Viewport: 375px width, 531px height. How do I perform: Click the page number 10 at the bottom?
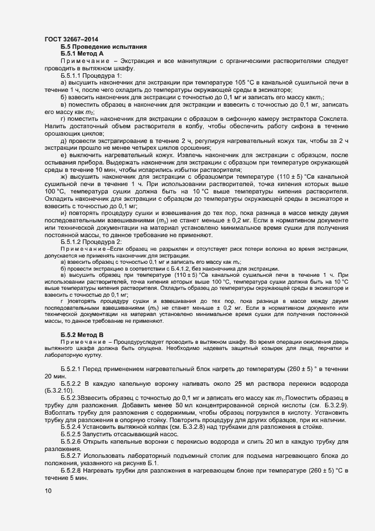click(x=48, y=491)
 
